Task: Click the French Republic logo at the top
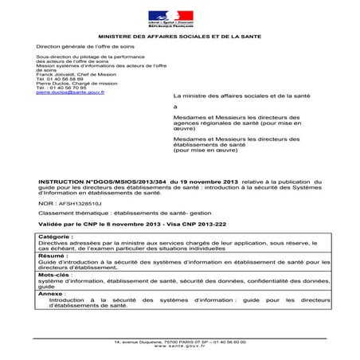[170, 18]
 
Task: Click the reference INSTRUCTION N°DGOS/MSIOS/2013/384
[97, 182]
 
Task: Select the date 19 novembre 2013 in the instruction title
[192, 182]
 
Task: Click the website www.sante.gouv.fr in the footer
[179, 346]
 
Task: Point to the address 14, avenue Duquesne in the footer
[140, 341]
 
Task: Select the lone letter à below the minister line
[175, 106]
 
